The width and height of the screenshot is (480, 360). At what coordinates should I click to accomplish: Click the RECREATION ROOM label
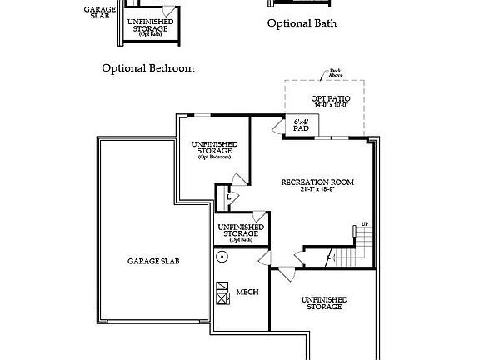[x=317, y=182]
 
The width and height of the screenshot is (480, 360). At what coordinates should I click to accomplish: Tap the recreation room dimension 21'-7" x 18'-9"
[x=317, y=189]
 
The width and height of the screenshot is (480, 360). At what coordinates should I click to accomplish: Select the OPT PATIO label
[x=331, y=99]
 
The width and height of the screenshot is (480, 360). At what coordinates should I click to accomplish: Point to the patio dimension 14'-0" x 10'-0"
[x=331, y=106]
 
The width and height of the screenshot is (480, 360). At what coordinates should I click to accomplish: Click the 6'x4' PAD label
[x=302, y=125]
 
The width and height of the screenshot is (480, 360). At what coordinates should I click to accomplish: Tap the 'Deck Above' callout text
[x=335, y=72]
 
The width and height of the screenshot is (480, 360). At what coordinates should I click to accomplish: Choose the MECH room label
[x=247, y=292]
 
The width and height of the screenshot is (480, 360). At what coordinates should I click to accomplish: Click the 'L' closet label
[x=228, y=197]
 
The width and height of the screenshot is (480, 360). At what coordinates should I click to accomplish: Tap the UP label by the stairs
[x=364, y=225]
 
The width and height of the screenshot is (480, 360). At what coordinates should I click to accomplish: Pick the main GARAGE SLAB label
[x=153, y=261]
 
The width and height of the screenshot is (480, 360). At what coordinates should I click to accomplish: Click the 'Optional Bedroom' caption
[x=148, y=68]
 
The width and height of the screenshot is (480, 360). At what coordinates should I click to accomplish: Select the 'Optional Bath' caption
[x=302, y=23]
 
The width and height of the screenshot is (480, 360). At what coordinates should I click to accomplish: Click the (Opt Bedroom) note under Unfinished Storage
[x=214, y=157]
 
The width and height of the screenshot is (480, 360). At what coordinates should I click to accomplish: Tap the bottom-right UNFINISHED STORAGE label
[x=324, y=302]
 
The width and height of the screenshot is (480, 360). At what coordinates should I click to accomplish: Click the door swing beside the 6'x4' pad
[x=278, y=125]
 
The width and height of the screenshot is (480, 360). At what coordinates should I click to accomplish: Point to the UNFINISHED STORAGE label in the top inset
[x=151, y=24]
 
